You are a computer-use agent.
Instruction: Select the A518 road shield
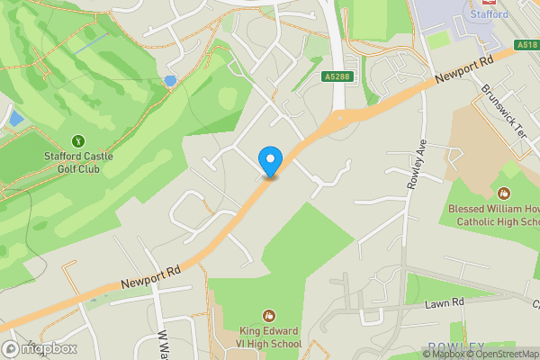(526, 43)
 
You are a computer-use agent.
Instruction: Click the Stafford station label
(490, 14)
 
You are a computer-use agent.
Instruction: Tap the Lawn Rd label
(445, 303)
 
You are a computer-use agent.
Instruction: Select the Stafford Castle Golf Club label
(79, 162)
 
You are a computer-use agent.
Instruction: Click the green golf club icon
(78, 140)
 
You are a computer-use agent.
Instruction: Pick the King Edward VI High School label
(269, 336)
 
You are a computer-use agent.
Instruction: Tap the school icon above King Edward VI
(269, 315)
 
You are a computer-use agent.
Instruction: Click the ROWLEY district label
(455, 347)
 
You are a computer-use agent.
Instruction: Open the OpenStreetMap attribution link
(503, 354)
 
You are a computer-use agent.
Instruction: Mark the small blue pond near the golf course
(170, 81)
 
